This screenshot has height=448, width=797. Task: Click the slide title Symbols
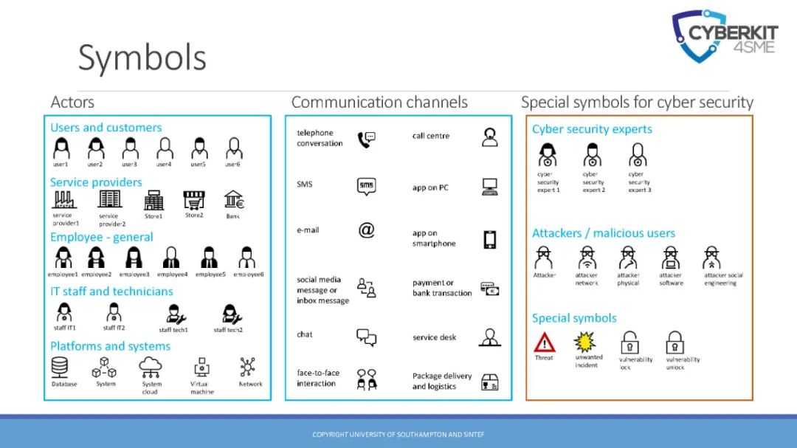point(142,58)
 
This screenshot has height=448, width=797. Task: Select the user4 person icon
point(165,149)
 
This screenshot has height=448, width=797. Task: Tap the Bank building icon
point(235,200)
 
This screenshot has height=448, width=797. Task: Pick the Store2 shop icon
point(194,200)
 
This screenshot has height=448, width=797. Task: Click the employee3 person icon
point(134,258)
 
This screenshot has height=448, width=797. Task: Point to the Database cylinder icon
point(60,368)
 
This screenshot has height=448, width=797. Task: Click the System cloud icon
point(151,366)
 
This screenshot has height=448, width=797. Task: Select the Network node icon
point(247,367)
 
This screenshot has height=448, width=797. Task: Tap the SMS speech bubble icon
point(367,187)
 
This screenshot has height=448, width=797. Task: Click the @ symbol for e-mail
point(367,230)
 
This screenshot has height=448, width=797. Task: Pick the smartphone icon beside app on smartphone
point(489,239)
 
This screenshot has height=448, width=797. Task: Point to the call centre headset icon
point(489,137)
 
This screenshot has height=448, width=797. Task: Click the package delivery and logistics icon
point(489,382)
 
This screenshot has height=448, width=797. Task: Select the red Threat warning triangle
point(545,342)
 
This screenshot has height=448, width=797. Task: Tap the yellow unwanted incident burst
point(585,342)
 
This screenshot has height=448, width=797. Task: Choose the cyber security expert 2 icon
point(593,155)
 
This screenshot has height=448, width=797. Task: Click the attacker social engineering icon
point(712,258)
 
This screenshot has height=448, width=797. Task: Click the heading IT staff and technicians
point(111,292)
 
